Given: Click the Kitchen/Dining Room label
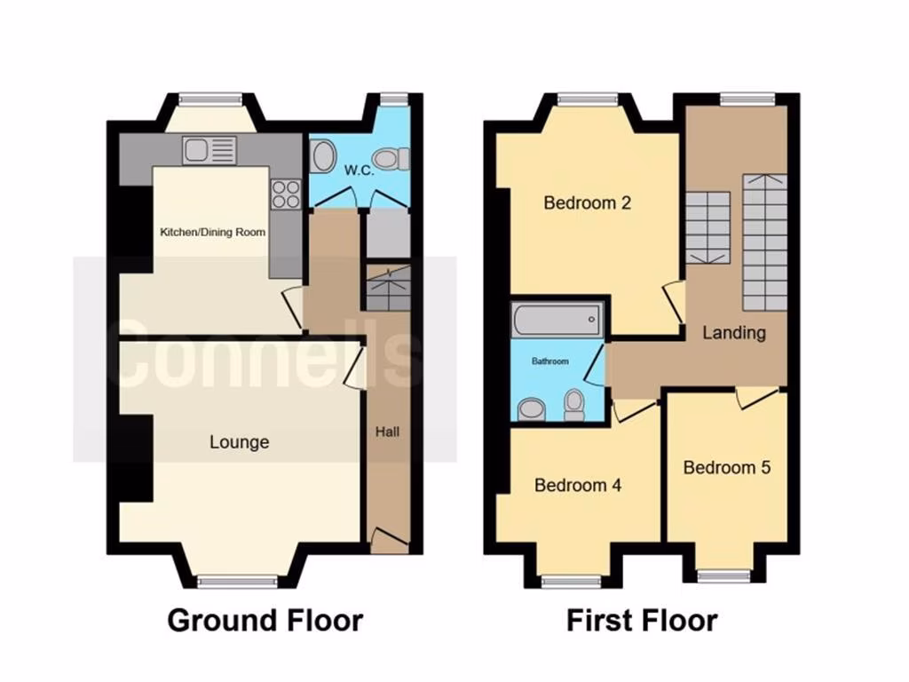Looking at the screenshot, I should click(212, 233).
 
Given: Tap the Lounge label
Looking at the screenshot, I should click(240, 442).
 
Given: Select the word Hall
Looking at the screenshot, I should click(388, 432).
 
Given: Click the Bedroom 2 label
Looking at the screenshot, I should click(587, 202).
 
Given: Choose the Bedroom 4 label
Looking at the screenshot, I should click(577, 486).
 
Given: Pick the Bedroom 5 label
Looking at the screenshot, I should click(726, 467).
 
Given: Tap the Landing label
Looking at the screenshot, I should click(734, 333).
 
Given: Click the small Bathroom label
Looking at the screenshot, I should click(549, 361).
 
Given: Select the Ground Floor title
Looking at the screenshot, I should click(265, 620).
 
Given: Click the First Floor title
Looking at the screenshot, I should click(642, 620).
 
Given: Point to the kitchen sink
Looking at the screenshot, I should click(208, 150).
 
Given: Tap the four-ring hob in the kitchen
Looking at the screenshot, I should click(285, 194).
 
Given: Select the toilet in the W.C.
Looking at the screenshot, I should click(390, 159).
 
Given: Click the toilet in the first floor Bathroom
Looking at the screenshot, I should click(574, 405).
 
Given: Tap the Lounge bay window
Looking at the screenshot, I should click(237, 582).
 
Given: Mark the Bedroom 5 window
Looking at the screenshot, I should click(724, 575).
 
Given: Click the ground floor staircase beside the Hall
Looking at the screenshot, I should click(388, 288).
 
